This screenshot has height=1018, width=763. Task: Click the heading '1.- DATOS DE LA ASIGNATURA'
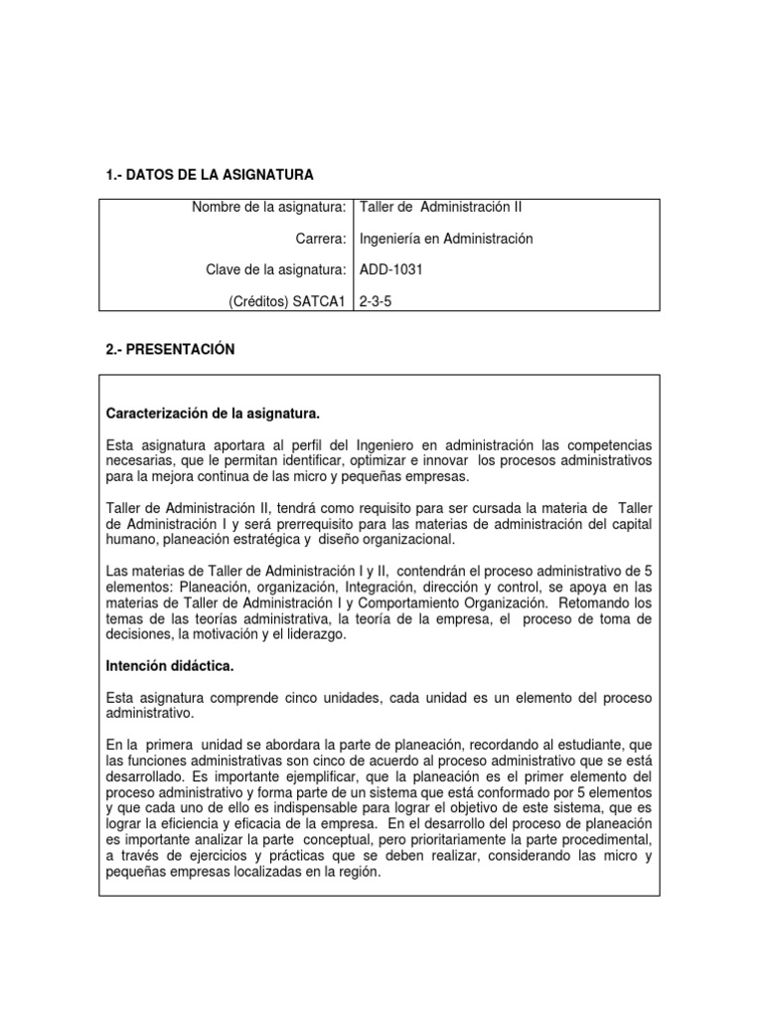tap(209, 175)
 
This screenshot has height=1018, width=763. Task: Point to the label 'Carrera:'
tap(322, 239)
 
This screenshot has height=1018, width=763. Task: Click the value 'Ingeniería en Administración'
tap(446, 239)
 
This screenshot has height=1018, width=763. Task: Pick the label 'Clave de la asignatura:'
tap(276, 268)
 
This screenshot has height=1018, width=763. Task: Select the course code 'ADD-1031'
tap(389, 268)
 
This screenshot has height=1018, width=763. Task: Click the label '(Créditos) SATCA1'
tap(289, 299)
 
